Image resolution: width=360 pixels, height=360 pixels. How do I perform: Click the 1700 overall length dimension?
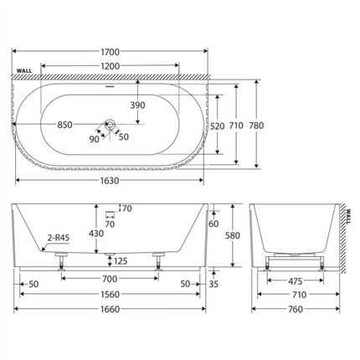point(110,52)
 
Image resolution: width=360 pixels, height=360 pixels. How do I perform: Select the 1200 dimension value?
point(110,66)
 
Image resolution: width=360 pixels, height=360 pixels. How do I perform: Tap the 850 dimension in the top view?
point(64,125)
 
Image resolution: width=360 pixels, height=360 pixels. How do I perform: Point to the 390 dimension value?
point(138,105)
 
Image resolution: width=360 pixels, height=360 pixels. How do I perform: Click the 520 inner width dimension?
point(218,126)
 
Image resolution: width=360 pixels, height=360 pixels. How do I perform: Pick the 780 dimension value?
point(256,126)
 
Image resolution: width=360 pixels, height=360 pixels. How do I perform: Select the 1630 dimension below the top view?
point(110,181)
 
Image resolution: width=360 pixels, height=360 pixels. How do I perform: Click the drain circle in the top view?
point(110,125)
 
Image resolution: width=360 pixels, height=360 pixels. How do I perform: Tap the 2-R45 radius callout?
point(59,238)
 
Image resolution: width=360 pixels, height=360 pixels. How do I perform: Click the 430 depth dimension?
point(96,234)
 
